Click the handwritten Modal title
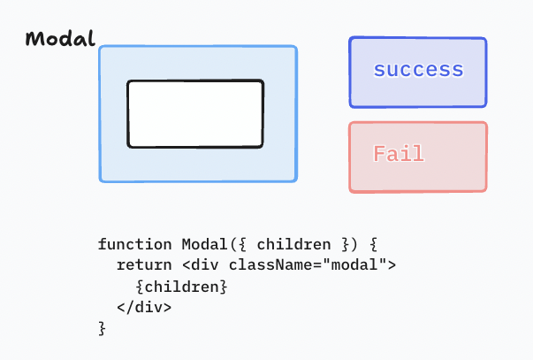tap(59, 40)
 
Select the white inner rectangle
tap(195, 114)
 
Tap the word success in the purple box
tap(418, 70)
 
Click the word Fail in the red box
tap(399, 154)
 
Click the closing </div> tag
tap(144, 308)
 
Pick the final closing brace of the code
tap(102, 329)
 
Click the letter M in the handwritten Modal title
tap(34, 40)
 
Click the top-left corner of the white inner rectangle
tap(129, 82)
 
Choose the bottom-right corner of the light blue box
tap(296, 180)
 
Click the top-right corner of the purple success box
tap(485, 39)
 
